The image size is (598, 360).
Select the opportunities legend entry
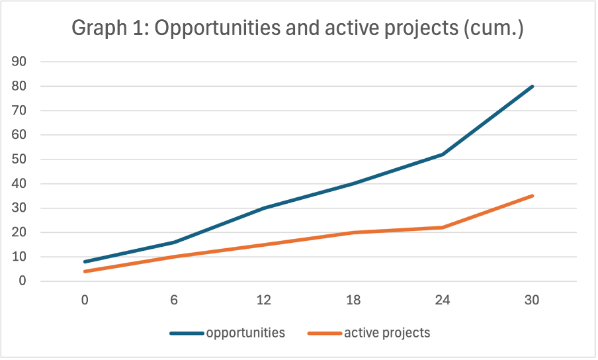pos(245,333)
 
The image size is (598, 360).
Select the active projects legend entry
pos(387,333)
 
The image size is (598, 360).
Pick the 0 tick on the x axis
pos(85,300)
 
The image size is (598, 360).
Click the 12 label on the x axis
pos(263,300)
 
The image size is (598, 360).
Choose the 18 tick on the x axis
pos(353,300)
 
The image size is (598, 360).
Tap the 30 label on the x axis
pos(532,300)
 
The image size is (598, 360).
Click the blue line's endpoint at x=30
pos(532,86)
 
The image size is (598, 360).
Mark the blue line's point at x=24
pos(443,154)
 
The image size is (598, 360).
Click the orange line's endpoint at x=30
pos(532,196)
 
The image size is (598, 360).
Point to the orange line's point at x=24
pos(443,228)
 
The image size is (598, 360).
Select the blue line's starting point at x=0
pos(85,261)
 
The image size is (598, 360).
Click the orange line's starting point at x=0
pos(85,271)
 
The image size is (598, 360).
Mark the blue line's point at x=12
pos(263,208)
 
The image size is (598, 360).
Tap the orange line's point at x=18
pos(353,232)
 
